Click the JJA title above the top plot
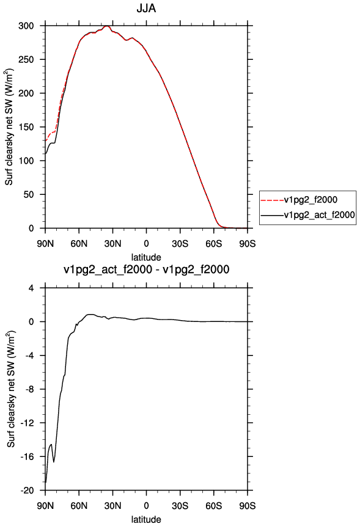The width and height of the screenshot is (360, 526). point(146,8)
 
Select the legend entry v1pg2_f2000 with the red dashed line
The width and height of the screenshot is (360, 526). point(310,200)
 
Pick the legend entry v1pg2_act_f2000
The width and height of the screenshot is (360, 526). point(320,214)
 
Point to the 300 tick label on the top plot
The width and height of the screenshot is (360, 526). point(26,26)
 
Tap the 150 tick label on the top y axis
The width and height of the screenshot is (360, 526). point(26,127)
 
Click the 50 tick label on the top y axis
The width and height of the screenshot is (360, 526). point(29,194)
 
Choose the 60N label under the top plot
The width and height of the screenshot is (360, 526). point(79,244)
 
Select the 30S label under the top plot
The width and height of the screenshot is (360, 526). point(180,244)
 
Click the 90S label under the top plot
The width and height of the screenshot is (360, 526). point(248,244)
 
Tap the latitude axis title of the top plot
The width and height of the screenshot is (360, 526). point(146,257)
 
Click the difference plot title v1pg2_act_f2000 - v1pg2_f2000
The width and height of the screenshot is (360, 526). point(146,269)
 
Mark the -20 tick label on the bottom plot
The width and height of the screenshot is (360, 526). point(28,491)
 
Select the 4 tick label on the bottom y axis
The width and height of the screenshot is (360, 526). point(32,288)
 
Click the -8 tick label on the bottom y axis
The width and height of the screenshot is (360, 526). point(29,389)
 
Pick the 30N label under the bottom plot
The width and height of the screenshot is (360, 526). point(112,506)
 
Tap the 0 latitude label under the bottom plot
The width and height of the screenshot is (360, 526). point(146,506)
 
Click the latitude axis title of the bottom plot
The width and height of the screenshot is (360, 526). point(146,520)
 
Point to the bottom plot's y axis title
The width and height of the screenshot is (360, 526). point(11,389)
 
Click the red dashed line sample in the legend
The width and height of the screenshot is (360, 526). point(272,200)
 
